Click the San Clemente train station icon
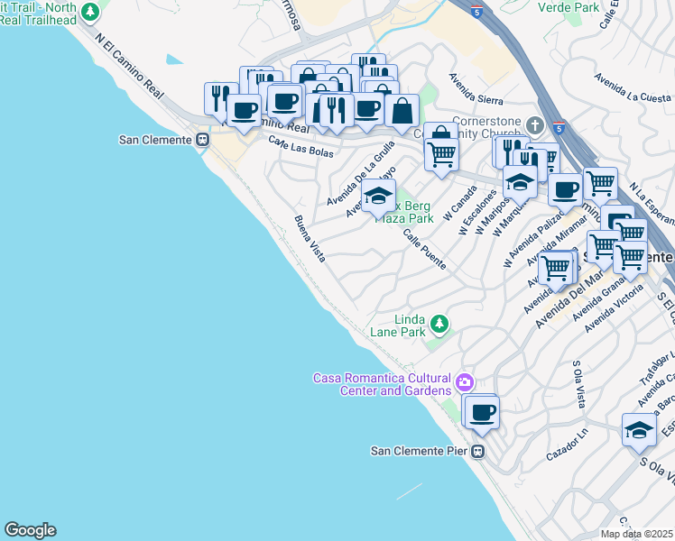tap(202, 140)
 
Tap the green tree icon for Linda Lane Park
tap(439, 323)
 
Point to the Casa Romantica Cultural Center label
tap(382, 384)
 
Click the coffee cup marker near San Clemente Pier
tap(482, 412)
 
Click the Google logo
tap(30, 530)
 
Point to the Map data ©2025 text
tap(636, 534)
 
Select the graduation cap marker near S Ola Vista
tap(639, 429)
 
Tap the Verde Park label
tap(568, 7)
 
